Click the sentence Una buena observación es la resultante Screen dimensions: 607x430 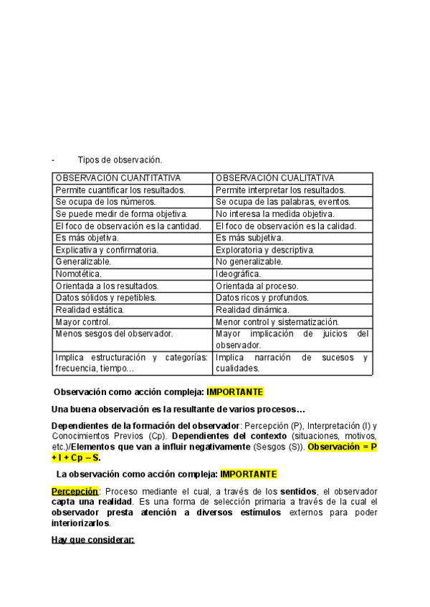click(x=178, y=409)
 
